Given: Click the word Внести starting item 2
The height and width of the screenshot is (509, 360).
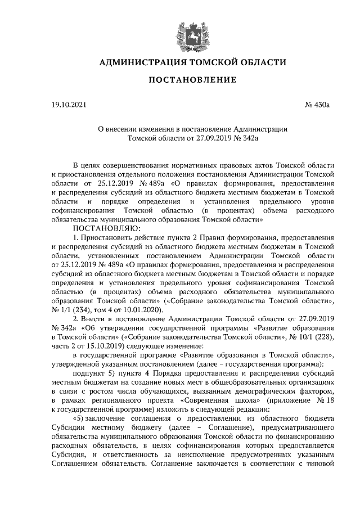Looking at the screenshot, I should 96,318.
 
